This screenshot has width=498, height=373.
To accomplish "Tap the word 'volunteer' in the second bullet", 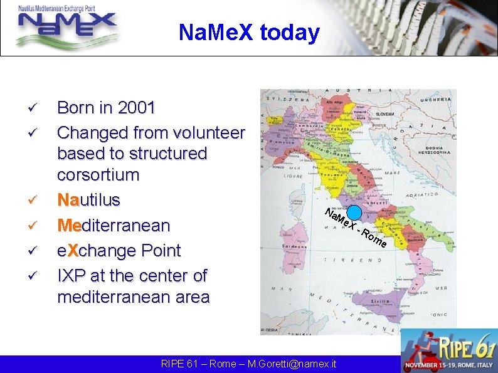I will (x=201, y=133).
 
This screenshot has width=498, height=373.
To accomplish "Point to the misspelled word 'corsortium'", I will (x=98, y=174).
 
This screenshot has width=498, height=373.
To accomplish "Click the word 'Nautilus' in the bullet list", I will (x=88, y=200).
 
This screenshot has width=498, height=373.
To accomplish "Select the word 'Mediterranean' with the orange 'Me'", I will (x=113, y=225).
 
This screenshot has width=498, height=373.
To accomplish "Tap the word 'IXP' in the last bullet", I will (x=72, y=275).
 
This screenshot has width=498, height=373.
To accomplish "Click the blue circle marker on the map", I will (x=354, y=212).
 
